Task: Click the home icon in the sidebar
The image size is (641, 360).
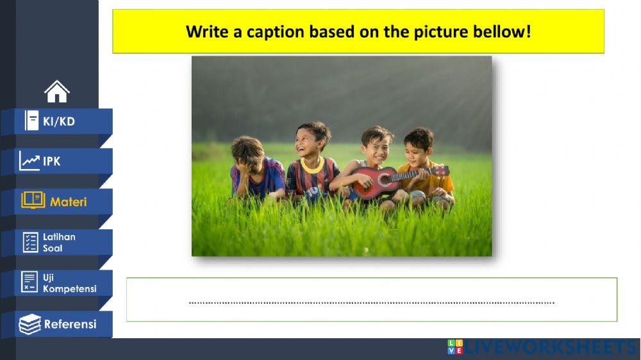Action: [57, 92]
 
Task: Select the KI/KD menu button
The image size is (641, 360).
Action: [58, 121]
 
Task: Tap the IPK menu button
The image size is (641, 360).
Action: [58, 161]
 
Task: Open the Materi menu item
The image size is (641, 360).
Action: [58, 202]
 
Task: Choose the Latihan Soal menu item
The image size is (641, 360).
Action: [58, 242]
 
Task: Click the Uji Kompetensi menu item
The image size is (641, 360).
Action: [58, 283]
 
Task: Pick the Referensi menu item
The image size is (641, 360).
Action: [58, 324]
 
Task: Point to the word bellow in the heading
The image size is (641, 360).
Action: [503, 31]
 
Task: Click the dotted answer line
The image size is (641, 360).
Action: [372, 302]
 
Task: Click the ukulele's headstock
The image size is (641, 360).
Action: [440, 171]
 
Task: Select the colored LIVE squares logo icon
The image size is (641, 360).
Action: [455, 347]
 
